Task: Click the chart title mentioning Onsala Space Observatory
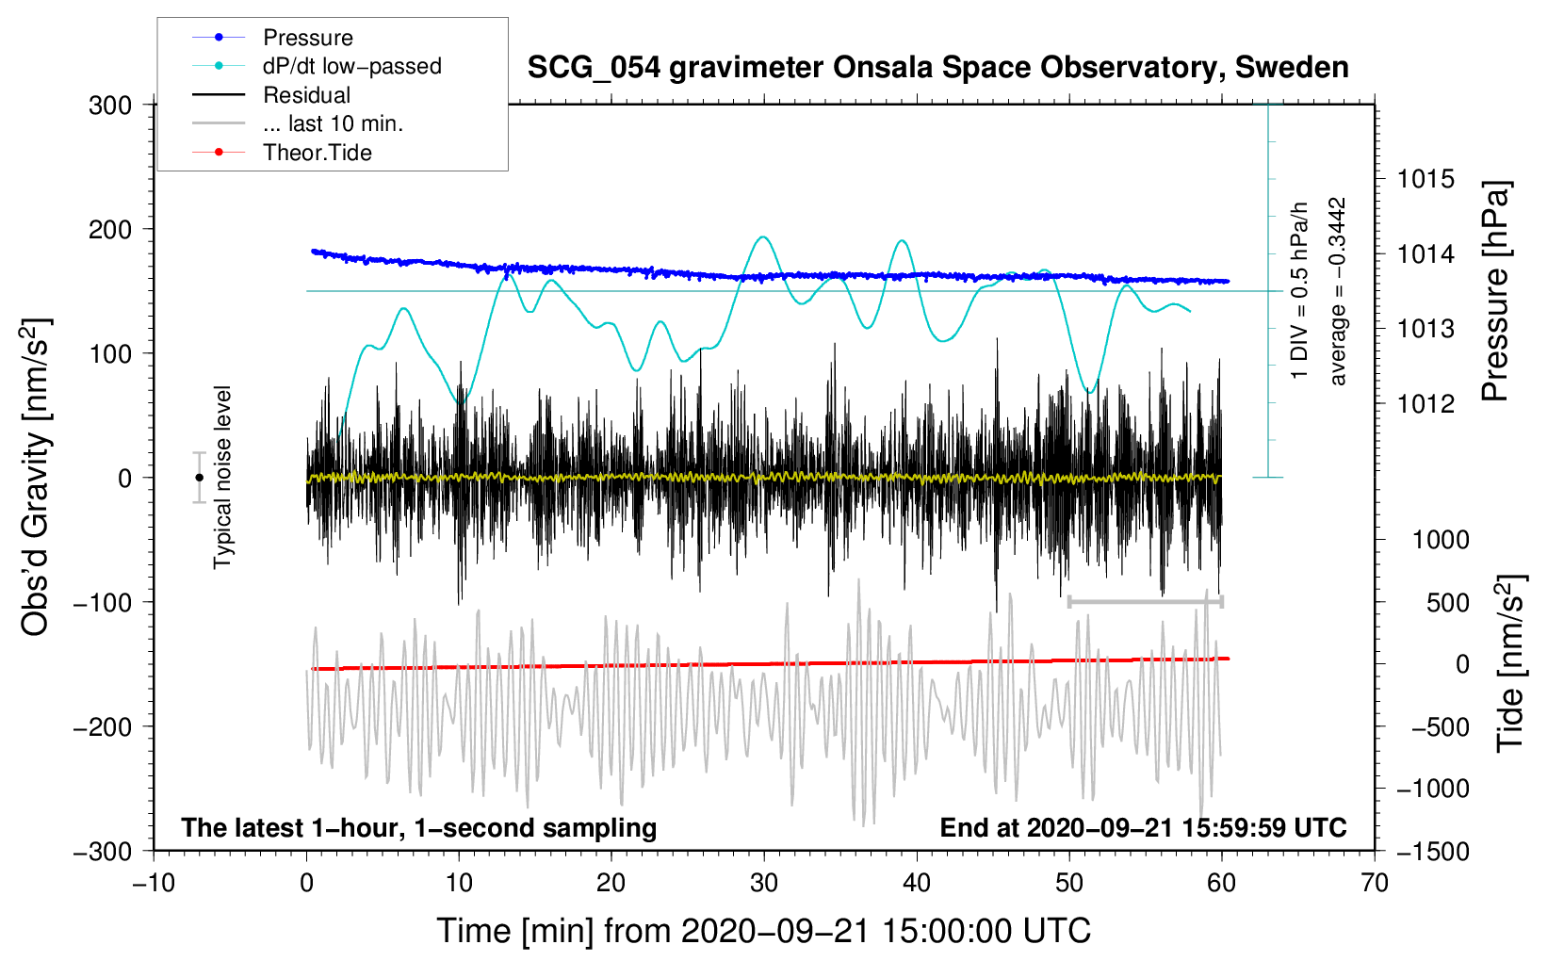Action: (x=937, y=68)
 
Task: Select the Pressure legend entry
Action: (x=307, y=38)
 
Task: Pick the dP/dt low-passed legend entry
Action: (x=351, y=66)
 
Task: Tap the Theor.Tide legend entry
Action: (x=317, y=153)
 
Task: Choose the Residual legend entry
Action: (x=306, y=95)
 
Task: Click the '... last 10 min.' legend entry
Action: (x=333, y=123)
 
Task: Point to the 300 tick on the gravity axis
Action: (x=110, y=106)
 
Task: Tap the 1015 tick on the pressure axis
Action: (x=1426, y=179)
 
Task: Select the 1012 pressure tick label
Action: (x=1426, y=404)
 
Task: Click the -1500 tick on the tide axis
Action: (x=1432, y=852)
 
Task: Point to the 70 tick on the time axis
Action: (x=1375, y=884)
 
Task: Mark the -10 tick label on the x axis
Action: (x=154, y=884)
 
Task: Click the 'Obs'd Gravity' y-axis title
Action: (x=36, y=478)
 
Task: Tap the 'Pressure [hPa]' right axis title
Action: (x=1495, y=291)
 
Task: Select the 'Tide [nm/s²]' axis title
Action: (x=1510, y=663)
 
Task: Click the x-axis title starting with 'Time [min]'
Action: (x=764, y=931)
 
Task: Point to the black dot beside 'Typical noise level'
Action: (x=199, y=478)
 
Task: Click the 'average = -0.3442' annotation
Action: (x=1338, y=291)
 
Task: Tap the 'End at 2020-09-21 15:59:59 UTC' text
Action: (x=1143, y=828)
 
